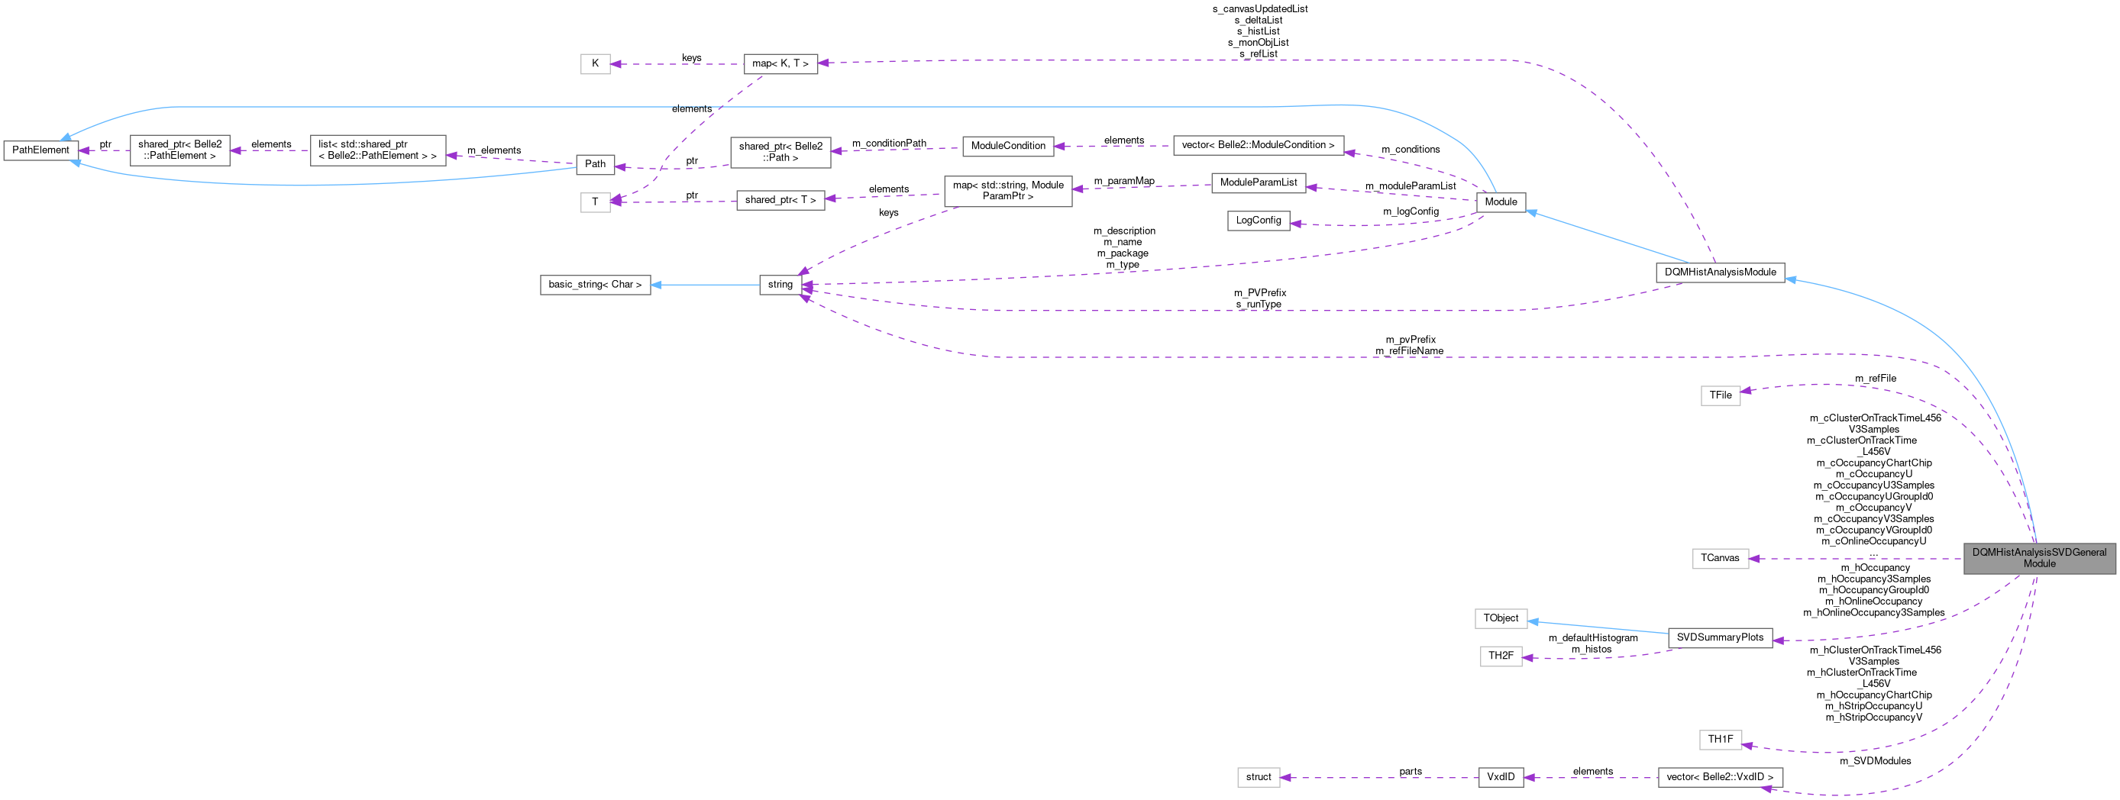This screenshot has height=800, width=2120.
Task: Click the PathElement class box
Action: point(40,150)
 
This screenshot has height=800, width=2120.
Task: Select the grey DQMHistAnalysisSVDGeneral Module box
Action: point(2038,558)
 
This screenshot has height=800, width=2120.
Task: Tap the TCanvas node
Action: point(1719,558)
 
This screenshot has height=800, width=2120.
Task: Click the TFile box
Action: point(1720,395)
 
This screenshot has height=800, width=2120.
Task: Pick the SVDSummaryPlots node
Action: point(1719,638)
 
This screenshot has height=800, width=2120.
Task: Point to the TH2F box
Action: point(1501,656)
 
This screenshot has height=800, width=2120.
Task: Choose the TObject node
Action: point(1501,618)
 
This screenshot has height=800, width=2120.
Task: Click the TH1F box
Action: point(1720,739)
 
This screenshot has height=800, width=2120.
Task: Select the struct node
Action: point(1259,777)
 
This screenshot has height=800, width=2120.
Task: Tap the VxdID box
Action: point(1501,777)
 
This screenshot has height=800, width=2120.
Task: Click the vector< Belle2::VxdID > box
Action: point(1719,777)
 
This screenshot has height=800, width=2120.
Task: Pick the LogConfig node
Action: point(1259,221)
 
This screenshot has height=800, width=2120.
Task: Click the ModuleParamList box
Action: point(1259,182)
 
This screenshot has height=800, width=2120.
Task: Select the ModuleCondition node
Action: point(1007,146)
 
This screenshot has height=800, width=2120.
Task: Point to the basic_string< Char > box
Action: point(594,285)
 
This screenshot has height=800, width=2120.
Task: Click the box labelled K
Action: point(595,63)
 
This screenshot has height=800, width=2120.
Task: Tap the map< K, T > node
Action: point(780,63)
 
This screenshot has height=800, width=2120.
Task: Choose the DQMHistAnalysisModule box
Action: point(1719,273)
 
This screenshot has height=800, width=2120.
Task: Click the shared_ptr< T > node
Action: point(780,200)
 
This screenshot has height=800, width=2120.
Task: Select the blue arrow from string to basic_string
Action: point(703,285)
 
